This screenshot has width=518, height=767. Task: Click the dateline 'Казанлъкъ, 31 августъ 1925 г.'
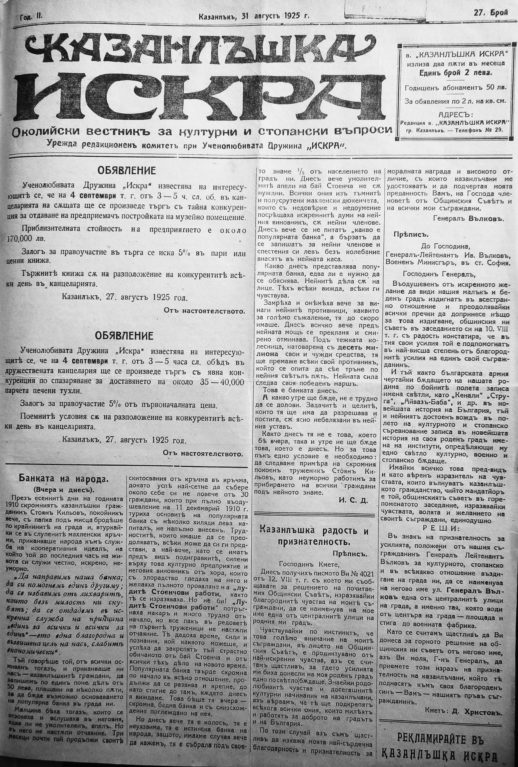254,16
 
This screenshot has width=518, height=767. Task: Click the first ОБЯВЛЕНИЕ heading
126,171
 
